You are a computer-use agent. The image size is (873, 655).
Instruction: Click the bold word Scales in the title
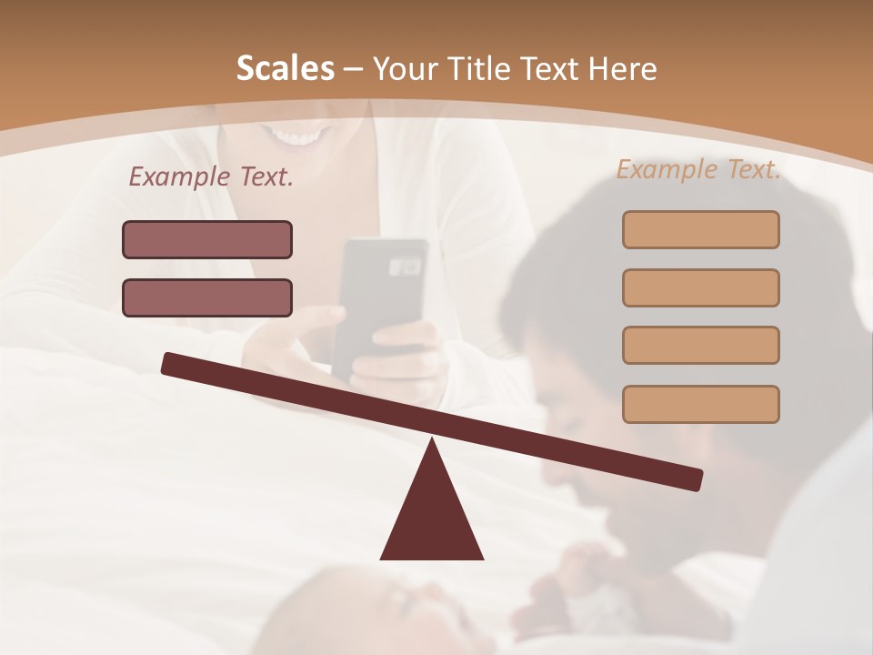tap(285, 68)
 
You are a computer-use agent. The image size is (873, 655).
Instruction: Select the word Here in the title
tap(622, 69)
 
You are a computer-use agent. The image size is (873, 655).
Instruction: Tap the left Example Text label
tap(211, 177)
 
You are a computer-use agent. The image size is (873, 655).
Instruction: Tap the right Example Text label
tap(698, 169)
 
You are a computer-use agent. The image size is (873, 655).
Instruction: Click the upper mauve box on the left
tap(207, 239)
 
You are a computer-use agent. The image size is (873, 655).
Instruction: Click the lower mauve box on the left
tap(207, 297)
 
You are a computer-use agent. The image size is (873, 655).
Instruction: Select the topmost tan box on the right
tap(700, 229)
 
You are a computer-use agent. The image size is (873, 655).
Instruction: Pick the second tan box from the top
tap(700, 287)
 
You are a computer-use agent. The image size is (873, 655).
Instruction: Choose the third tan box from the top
tap(700, 345)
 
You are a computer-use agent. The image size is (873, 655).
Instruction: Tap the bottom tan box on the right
tap(700, 404)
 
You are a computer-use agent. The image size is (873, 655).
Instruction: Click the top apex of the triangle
tap(433, 441)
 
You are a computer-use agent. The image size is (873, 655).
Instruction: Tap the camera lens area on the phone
tap(405, 267)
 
